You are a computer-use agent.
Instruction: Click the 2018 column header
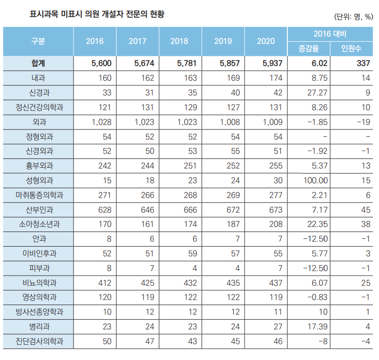[179, 41]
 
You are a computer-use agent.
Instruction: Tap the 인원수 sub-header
[352, 49]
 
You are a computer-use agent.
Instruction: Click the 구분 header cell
[38, 41]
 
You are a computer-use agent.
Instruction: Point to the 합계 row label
[38, 63]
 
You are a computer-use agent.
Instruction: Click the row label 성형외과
[38, 180]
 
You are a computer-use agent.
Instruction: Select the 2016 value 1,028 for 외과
[102, 122]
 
